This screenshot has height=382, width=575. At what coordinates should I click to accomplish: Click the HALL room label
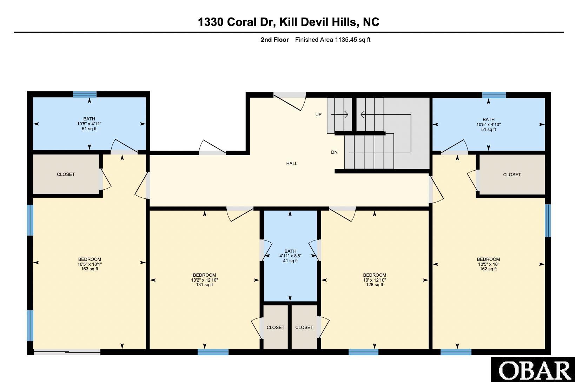tap(292, 163)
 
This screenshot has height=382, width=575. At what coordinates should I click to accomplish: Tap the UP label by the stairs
tap(318, 114)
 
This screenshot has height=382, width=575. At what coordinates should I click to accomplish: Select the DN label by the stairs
tap(334, 152)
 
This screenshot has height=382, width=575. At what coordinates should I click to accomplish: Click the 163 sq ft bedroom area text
tap(90, 269)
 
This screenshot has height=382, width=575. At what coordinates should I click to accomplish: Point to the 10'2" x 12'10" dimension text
tap(204, 280)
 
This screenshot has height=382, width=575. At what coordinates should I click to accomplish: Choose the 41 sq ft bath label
tap(290, 261)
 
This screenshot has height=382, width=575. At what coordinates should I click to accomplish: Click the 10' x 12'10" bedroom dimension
tap(375, 280)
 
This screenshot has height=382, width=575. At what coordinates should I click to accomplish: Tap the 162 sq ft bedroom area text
tap(488, 269)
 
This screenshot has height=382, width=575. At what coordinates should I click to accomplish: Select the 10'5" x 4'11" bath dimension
tap(89, 124)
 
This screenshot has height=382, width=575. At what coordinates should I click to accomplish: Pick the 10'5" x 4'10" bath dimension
tap(489, 125)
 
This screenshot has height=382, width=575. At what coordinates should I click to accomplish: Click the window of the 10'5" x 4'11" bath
tap(85, 94)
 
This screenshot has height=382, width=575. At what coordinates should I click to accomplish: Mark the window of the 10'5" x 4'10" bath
tap(494, 95)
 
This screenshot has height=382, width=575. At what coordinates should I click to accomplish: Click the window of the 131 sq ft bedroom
tap(213, 352)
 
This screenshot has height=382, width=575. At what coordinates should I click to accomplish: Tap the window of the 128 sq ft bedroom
tap(363, 352)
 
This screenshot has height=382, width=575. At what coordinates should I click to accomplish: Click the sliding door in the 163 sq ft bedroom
tap(67, 352)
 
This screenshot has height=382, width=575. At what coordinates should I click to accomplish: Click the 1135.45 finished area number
tap(345, 40)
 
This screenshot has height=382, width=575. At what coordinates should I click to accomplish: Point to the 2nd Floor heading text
tap(275, 40)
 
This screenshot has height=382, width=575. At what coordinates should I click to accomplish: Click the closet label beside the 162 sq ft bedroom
tap(512, 174)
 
